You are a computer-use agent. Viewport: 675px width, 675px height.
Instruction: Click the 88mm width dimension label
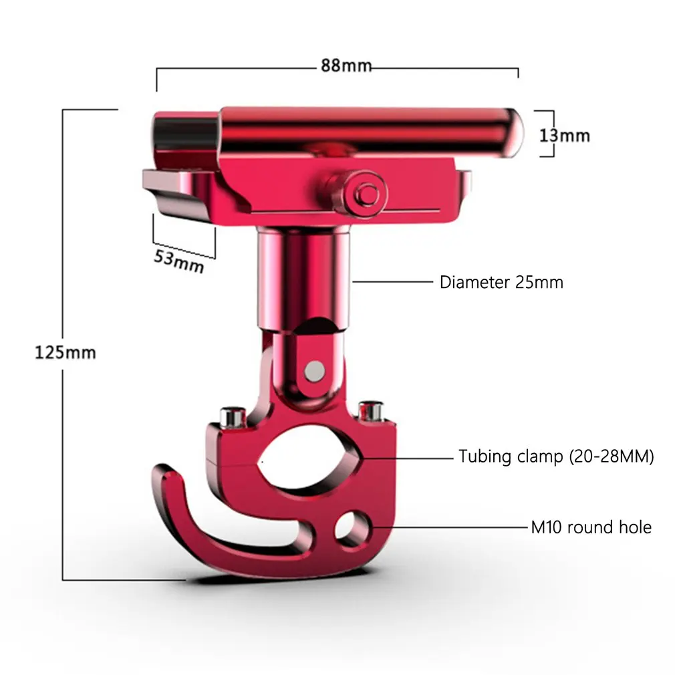click(346, 65)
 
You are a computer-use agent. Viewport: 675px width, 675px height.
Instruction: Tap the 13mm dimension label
click(564, 136)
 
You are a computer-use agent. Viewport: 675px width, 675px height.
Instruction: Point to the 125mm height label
click(65, 353)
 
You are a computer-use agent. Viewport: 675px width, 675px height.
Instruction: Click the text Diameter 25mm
click(501, 283)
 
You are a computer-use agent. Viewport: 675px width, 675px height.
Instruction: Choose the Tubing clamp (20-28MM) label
click(556, 456)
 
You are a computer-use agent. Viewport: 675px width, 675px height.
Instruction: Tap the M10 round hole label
click(591, 527)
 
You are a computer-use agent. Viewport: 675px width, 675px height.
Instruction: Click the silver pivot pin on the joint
click(315, 371)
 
